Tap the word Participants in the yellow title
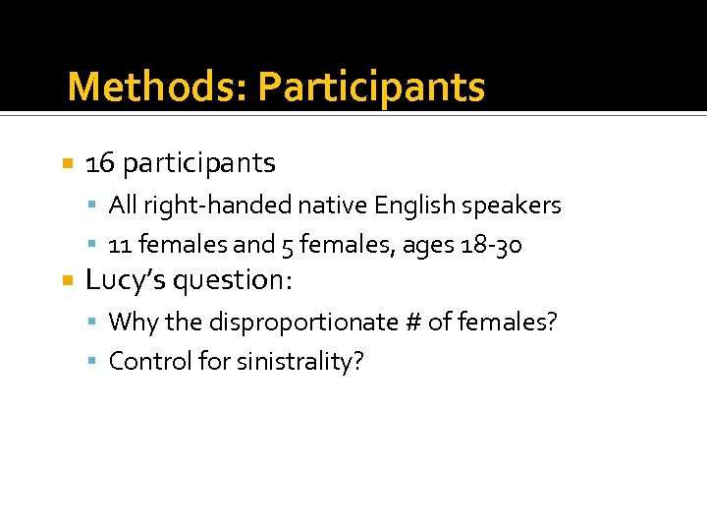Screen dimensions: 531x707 (371, 88)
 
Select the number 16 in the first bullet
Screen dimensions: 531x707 (100, 162)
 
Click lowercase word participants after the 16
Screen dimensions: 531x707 (199, 163)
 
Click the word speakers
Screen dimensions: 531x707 (514, 206)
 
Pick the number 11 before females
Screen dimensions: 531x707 (120, 244)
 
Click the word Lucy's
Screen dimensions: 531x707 (126, 280)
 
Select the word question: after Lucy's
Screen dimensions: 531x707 (233, 281)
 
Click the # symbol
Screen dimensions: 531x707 (416, 322)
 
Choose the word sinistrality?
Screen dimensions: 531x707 (299, 362)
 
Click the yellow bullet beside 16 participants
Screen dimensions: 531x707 (67, 163)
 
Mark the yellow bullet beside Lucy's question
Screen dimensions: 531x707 (67, 281)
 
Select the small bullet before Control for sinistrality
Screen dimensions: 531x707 (92, 362)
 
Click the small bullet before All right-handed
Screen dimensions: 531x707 (92, 206)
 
